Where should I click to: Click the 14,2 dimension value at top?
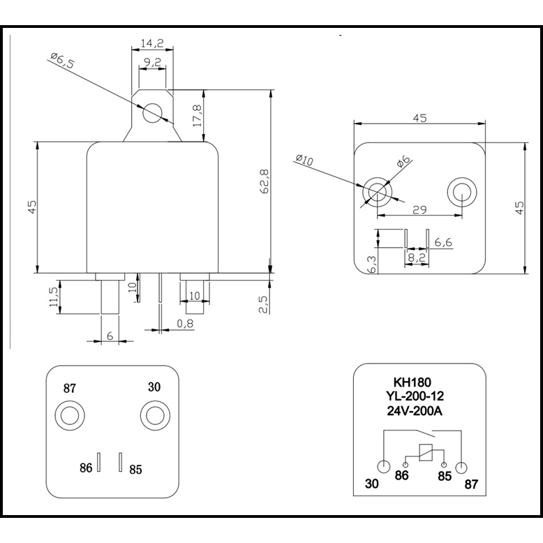click(152, 43)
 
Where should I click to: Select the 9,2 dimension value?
click(152, 62)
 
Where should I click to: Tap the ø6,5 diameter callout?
click(62, 61)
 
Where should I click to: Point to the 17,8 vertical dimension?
click(197, 116)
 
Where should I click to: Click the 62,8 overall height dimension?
click(265, 181)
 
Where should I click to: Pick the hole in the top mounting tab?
click(153, 113)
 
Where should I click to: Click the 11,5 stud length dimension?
click(53, 296)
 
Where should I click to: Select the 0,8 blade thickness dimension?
click(185, 324)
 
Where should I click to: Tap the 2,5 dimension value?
click(264, 304)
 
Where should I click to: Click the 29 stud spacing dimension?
click(419, 209)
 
